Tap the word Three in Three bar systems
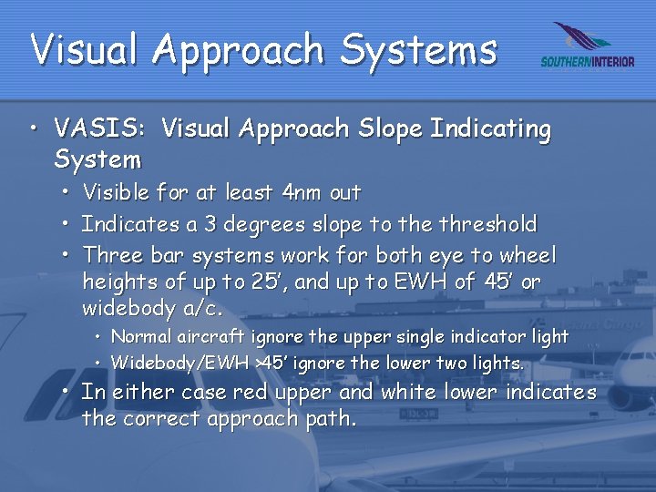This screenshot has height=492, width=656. [x=111, y=256]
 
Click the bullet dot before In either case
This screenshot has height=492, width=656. [x=68, y=394]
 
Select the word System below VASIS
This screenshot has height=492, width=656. [x=97, y=160]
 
